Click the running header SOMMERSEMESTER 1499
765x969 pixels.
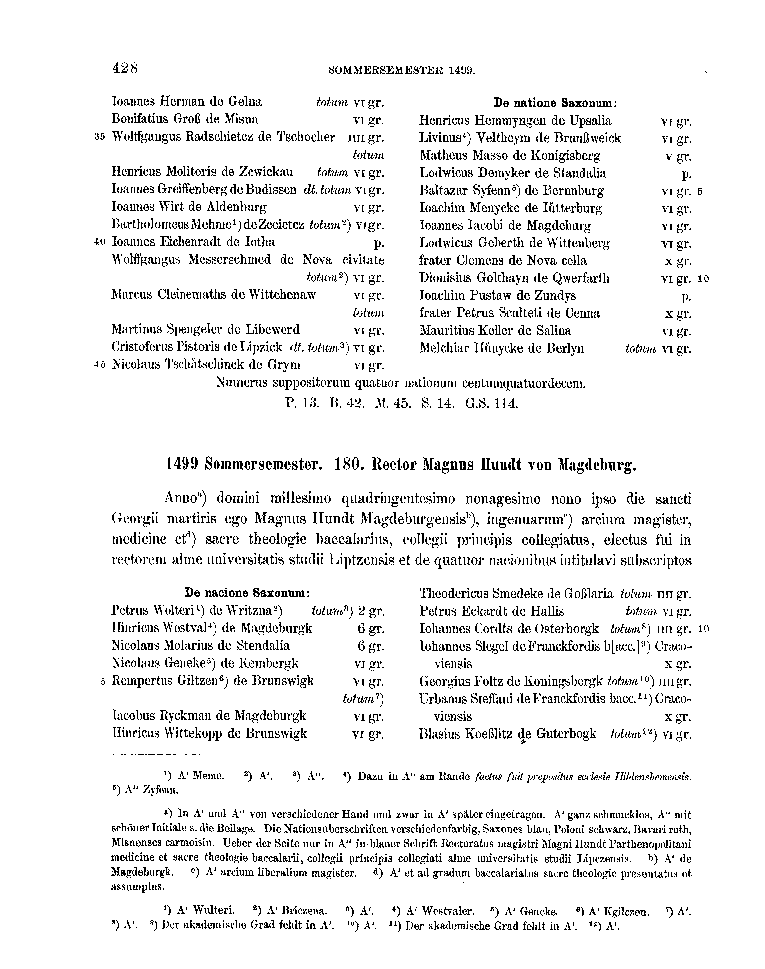click(x=401, y=70)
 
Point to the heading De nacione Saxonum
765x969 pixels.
click(x=247, y=593)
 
